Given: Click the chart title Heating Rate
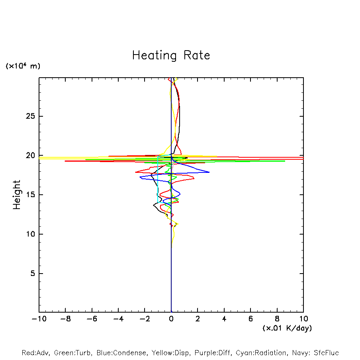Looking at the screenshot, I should (171, 55).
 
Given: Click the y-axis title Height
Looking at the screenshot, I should (17, 195).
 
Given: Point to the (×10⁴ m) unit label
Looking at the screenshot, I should (23, 66).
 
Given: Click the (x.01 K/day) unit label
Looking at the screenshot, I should (287, 328).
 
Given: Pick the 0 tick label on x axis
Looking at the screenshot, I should (171, 319).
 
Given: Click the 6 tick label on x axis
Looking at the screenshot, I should (250, 319).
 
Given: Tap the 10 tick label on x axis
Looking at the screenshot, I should (303, 319).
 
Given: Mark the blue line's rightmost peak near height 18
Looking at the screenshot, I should (209, 172).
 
